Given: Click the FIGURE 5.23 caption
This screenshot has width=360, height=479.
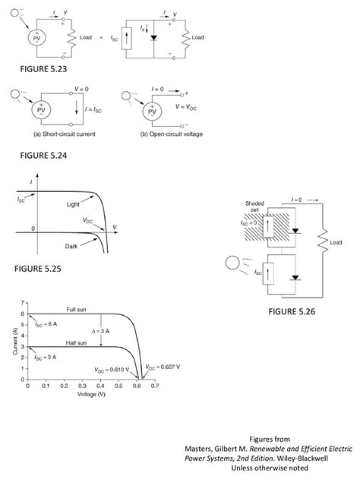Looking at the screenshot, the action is pyautogui.click(x=43, y=69).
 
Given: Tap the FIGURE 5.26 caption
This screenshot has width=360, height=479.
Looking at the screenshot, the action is pyautogui.click(x=292, y=311).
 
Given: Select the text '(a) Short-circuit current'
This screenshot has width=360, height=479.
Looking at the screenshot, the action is pyautogui.click(x=64, y=134).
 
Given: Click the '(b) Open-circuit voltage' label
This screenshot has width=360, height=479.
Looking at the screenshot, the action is pyautogui.click(x=172, y=134).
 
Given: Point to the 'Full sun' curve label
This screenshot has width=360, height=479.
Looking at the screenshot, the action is pyautogui.click(x=77, y=310).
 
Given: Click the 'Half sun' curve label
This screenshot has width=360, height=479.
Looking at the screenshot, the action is pyautogui.click(x=77, y=343).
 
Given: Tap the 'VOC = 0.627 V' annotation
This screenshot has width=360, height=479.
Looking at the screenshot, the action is pyautogui.click(x=163, y=367).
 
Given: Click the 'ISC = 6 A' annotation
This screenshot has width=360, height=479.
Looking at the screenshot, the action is pyautogui.click(x=46, y=324).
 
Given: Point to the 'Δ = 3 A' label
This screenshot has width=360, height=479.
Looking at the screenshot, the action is pyautogui.click(x=101, y=332).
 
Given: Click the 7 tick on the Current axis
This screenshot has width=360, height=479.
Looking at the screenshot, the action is pyautogui.click(x=22, y=303).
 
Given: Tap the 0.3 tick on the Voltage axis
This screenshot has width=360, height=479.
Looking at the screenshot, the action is pyautogui.click(x=82, y=386).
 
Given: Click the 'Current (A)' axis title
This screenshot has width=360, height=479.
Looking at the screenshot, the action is pyautogui.click(x=15, y=341).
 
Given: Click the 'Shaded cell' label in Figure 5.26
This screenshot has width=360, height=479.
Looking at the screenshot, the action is pyautogui.click(x=254, y=206).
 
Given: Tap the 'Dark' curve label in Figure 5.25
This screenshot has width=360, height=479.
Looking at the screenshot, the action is pyautogui.click(x=71, y=246).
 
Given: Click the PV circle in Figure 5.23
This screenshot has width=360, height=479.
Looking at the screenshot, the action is pyautogui.click(x=36, y=38).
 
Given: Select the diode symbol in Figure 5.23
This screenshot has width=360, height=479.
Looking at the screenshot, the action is pyautogui.click(x=153, y=38).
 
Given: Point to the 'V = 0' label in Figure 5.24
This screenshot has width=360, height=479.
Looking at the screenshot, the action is pyautogui.click(x=81, y=90).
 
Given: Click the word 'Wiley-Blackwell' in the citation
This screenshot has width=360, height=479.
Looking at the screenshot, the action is pyautogui.click(x=302, y=459).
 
